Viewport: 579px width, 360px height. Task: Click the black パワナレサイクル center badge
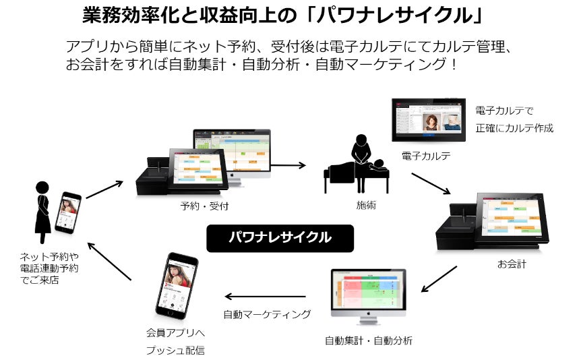pos(280,238)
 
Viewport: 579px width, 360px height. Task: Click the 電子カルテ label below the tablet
pos(426,156)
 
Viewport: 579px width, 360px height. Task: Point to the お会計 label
pos(512,264)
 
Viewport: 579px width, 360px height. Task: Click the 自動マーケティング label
pos(267,314)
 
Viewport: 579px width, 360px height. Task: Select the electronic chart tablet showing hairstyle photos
pos(429,120)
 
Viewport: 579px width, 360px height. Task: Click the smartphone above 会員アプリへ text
pos(177,286)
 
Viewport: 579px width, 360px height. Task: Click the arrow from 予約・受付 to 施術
pos(288,164)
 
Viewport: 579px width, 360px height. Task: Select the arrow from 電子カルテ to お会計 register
pos(431,183)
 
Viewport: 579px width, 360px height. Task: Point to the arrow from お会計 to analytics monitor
pos(439,278)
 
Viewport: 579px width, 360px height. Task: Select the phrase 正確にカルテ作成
pos(514,128)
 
